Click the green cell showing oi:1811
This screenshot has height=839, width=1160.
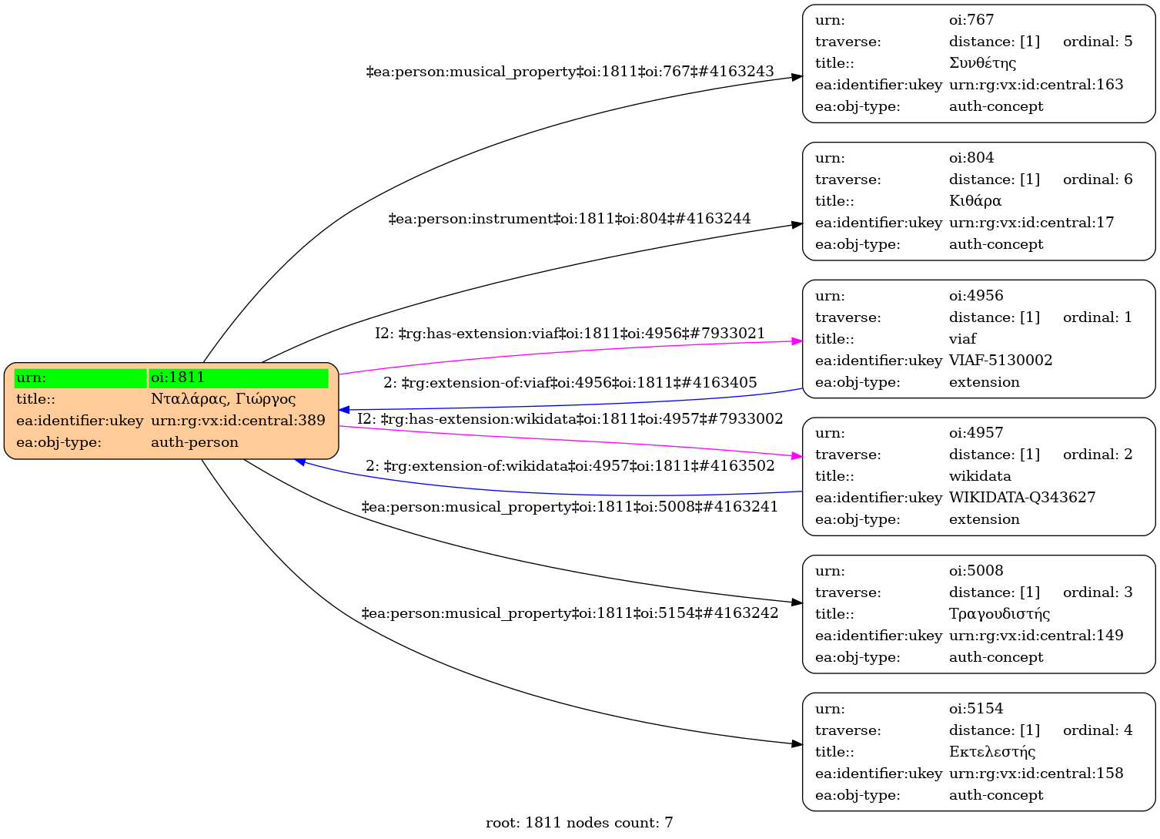[x=239, y=378]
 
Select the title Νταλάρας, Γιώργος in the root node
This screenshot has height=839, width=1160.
[x=223, y=399]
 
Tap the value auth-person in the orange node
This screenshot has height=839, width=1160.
[x=195, y=442]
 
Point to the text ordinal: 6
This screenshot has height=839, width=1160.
[x=1098, y=180]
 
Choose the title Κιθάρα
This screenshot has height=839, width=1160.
[x=975, y=201]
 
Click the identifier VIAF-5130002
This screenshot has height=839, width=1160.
[x=1001, y=361]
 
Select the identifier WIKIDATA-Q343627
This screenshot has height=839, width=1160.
[x=1022, y=498]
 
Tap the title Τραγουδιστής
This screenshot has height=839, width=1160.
[x=1000, y=614]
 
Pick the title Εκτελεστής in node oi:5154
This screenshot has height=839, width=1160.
[x=992, y=752]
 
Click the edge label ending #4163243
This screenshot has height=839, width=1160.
[x=570, y=72]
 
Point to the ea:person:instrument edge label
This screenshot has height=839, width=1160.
[x=570, y=219]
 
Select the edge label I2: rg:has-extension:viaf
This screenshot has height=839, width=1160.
[x=570, y=334]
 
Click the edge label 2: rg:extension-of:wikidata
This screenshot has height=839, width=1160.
[x=570, y=466]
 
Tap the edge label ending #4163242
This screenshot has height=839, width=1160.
[x=570, y=613]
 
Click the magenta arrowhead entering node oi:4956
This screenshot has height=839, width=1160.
[x=797, y=341]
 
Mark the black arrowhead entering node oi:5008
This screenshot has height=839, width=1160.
[x=797, y=602]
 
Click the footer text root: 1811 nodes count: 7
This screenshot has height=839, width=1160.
[x=579, y=823]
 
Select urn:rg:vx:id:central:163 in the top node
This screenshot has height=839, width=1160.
[x=1036, y=85]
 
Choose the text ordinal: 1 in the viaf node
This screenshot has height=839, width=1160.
[x=1098, y=317]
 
